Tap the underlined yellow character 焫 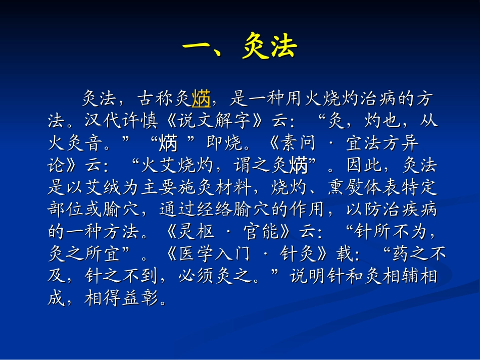[201, 99]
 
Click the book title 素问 [298, 144]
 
